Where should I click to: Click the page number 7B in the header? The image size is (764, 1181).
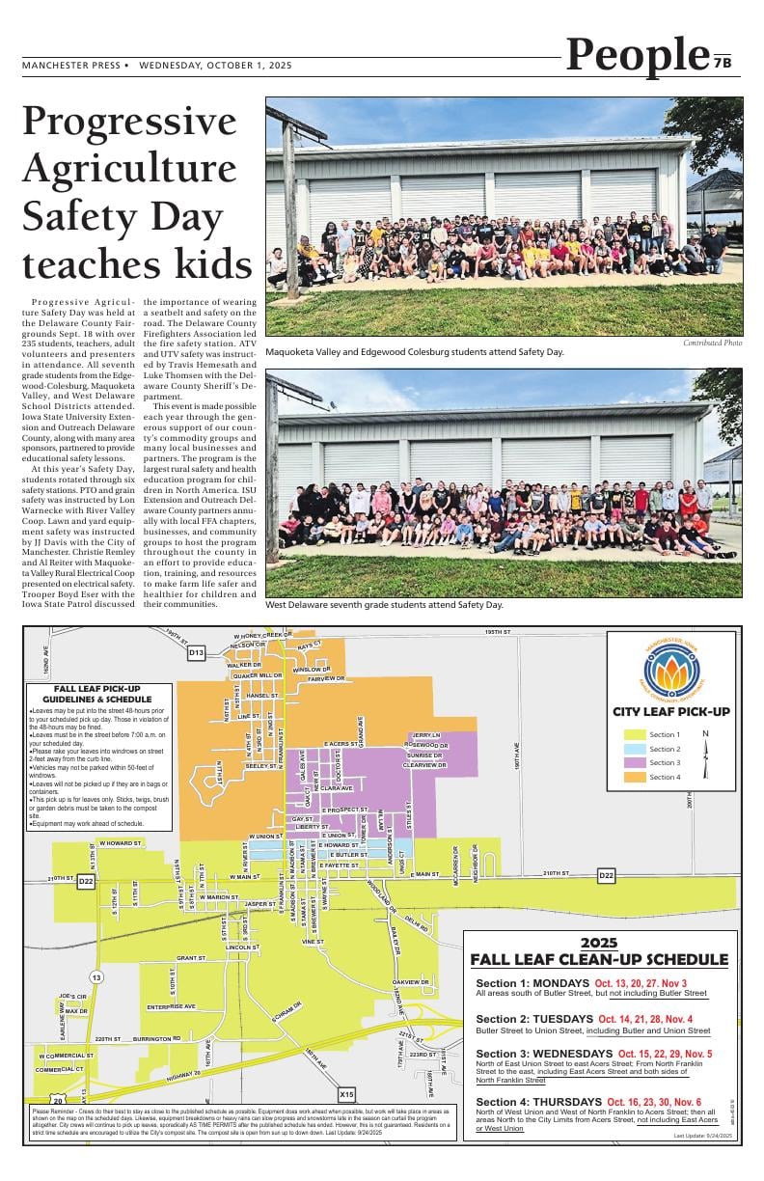(x=723, y=63)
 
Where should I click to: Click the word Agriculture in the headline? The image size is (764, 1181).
(x=129, y=168)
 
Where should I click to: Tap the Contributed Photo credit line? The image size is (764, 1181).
(x=712, y=343)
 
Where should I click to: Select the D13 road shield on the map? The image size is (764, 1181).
(x=196, y=653)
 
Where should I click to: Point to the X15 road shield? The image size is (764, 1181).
(x=347, y=1095)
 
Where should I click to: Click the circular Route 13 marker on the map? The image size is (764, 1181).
(x=96, y=977)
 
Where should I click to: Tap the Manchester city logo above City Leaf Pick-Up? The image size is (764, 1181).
(x=684, y=670)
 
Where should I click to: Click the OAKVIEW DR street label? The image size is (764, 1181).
(x=411, y=982)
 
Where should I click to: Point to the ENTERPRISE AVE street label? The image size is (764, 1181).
(x=171, y=1006)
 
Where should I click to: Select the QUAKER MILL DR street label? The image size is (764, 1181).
(x=258, y=676)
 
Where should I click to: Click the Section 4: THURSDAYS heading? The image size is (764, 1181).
(x=539, y=1102)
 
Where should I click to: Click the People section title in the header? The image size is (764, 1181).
(x=638, y=55)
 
